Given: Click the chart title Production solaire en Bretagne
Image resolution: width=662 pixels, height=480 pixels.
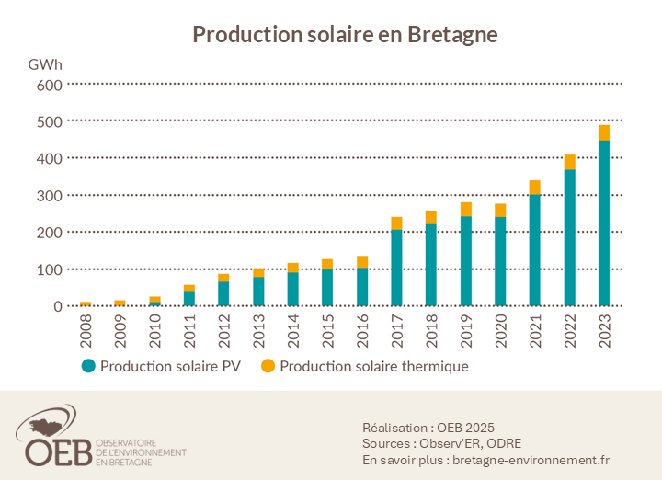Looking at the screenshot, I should (345, 34).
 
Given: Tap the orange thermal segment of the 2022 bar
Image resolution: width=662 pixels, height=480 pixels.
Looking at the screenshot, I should (570, 162).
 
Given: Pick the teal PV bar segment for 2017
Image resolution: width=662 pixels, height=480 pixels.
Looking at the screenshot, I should (396, 267).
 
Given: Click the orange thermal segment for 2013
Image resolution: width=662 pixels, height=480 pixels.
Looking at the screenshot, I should (258, 272).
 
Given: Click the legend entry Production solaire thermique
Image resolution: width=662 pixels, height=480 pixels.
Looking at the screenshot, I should (365, 366).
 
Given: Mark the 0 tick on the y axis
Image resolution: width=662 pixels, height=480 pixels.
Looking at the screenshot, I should (57, 306).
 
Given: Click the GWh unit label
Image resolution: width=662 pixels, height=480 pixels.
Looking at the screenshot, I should (45, 64).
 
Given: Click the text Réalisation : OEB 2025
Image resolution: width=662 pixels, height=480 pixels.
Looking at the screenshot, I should (428, 427).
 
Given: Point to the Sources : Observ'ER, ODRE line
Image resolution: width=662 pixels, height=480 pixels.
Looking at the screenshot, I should (442, 443).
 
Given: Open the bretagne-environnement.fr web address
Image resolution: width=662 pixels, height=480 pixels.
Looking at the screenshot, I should (531, 460).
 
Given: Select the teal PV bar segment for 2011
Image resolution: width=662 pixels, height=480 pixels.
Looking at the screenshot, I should (188, 298).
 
